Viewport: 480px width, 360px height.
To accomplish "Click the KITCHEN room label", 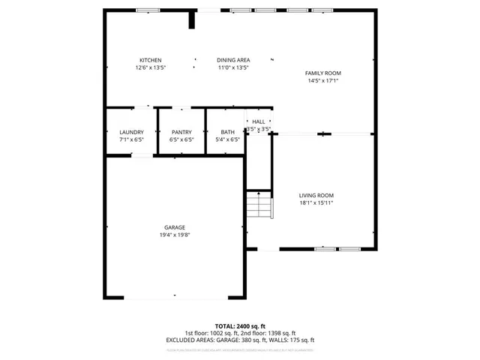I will tap(150, 60).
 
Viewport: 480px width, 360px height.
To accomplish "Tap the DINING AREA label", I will tap(233, 60).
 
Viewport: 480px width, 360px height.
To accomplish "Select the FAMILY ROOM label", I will tap(322, 73).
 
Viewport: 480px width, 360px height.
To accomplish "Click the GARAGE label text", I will tap(175, 227).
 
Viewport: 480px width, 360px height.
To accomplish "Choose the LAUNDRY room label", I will tap(131, 132).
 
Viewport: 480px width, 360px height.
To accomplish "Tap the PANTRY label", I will tap(181, 132).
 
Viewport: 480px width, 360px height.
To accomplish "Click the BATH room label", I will tap(227, 132).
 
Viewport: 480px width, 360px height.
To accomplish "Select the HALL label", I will tap(258, 121).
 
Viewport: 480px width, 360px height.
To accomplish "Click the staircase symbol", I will tap(258, 205).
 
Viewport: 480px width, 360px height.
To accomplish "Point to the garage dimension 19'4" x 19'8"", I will tap(175, 235).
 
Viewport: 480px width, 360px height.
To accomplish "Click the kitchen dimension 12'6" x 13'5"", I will tap(150, 67).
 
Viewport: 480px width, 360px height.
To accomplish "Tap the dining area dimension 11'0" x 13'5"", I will tap(233, 67).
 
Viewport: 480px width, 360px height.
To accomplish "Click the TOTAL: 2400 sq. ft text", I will tap(240, 326).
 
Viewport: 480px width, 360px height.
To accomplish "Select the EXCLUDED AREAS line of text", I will tap(240, 340).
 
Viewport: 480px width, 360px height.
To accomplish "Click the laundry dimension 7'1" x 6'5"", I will tap(131, 139).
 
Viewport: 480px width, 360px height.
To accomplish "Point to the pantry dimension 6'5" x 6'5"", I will tap(181, 139).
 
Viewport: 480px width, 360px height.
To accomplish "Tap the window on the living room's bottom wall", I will tap(325, 248).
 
